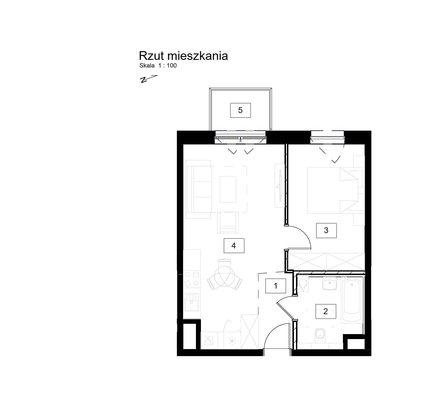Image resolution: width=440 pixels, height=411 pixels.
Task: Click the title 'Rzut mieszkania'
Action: click(183, 56)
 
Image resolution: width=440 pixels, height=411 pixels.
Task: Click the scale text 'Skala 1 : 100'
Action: click(158, 66)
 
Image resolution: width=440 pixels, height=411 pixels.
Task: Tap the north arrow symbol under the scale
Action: click(148, 79)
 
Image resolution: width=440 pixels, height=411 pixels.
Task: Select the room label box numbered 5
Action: click(240, 110)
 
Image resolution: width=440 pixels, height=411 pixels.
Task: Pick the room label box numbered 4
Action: click(234, 246)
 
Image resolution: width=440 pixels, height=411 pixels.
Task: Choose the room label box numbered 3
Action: click(326, 231)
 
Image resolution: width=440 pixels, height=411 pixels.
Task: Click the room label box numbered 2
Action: click(326, 311)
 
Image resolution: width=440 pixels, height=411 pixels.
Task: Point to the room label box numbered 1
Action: click(276, 286)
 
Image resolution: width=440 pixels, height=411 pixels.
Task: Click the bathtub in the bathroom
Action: click(352, 300)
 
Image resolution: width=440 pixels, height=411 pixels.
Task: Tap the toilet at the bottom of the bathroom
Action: click(320, 336)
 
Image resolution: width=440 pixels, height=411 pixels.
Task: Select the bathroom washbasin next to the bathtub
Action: click(330, 284)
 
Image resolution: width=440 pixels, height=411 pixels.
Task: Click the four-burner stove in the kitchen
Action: click(192, 279)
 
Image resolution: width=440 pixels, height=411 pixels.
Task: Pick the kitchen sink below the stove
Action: click(192, 302)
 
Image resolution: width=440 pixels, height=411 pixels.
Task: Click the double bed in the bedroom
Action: click(333, 191)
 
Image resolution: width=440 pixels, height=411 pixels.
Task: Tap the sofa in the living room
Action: click(199, 189)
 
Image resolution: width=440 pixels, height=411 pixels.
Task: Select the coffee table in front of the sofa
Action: click(228, 189)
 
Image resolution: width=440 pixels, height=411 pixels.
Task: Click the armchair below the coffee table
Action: click(228, 223)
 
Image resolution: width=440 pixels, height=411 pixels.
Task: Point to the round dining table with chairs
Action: click(224, 274)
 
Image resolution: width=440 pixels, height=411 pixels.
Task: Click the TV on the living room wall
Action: click(280, 186)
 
